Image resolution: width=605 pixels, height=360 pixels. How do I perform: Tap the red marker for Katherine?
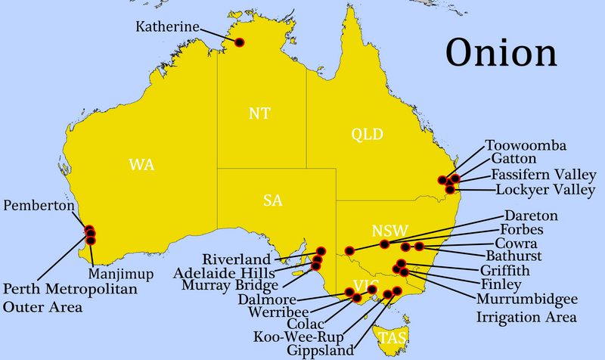click(x=240, y=42)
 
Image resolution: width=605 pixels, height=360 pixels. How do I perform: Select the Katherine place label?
click(x=167, y=26)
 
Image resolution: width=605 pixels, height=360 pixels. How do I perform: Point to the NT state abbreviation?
click(x=259, y=114)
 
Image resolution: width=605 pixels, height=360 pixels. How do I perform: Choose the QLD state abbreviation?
click(x=368, y=135)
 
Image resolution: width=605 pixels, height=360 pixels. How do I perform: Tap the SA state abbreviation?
click(x=273, y=200)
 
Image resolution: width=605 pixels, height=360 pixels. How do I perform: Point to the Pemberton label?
click(x=39, y=206)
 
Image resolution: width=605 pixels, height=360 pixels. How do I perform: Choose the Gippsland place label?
click(x=320, y=350)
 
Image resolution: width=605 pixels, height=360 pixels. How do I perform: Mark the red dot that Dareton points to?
click(x=349, y=250)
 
